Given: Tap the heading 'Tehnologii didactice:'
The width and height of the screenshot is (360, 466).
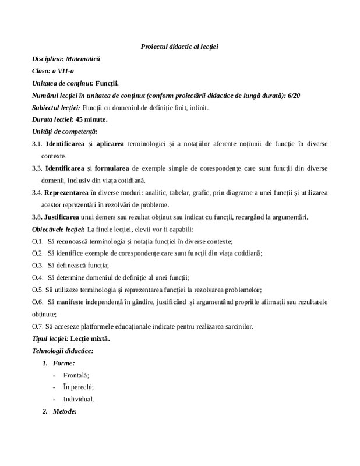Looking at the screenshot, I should click(62, 351).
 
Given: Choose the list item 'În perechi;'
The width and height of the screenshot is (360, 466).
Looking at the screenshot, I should click(78, 387).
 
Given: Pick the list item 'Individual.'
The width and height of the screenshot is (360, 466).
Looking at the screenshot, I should click(79, 400).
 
